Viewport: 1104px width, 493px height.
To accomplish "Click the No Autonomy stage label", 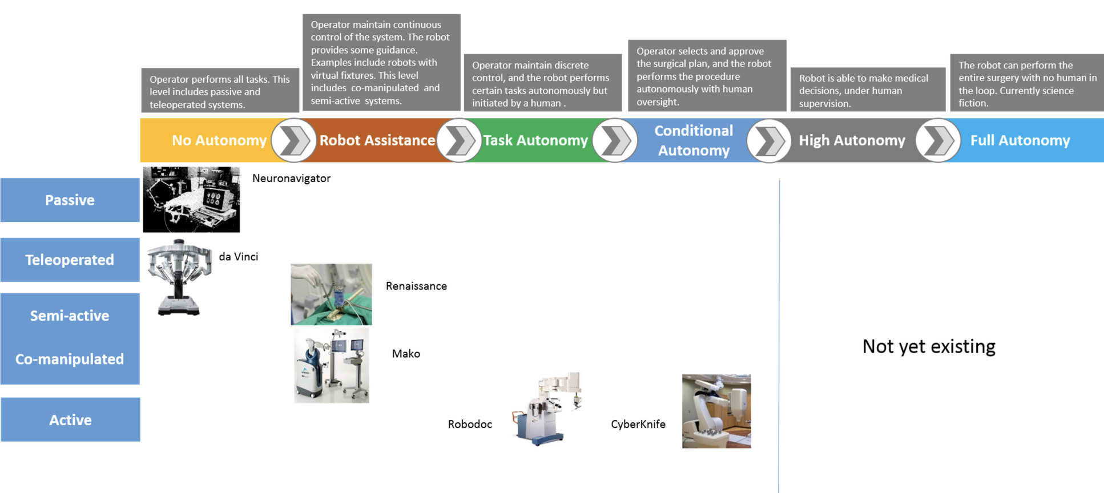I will click(219, 140).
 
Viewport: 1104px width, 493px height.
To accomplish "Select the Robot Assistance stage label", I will click(377, 140).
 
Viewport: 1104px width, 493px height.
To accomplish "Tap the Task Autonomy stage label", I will click(535, 140).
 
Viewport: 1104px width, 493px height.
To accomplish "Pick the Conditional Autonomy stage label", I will click(693, 140).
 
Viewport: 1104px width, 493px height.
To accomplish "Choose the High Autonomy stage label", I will click(852, 140).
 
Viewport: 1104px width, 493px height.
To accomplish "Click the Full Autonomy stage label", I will click(1020, 140).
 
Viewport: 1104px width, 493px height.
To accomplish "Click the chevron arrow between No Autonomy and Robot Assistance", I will click(293, 140).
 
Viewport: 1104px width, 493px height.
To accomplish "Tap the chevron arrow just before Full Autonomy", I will click(937, 140).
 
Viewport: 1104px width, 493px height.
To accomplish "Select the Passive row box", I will click(70, 200).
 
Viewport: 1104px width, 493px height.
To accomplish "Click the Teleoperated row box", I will click(70, 260).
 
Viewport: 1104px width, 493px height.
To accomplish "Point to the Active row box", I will click(70, 419).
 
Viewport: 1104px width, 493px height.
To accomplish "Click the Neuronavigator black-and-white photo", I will click(191, 199).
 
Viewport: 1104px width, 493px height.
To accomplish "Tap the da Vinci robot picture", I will click(179, 277).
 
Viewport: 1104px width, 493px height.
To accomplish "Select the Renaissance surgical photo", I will click(331, 294).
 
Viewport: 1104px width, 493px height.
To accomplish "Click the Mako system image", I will click(332, 365).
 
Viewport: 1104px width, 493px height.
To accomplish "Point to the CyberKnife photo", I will click(716, 411).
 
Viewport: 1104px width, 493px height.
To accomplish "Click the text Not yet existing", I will click(929, 346).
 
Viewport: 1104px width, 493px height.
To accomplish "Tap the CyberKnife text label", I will click(638, 424).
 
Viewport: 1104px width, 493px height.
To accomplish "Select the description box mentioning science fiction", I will click(1026, 83).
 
